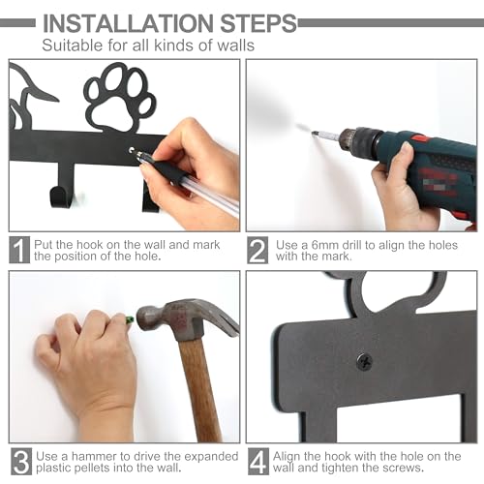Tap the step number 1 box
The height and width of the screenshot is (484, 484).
tap(18, 249)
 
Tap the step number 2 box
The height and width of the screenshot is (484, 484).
tap(257, 249)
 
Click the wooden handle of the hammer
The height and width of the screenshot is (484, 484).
tap(197, 387)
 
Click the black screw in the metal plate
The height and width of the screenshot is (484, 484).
tap(364, 361)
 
